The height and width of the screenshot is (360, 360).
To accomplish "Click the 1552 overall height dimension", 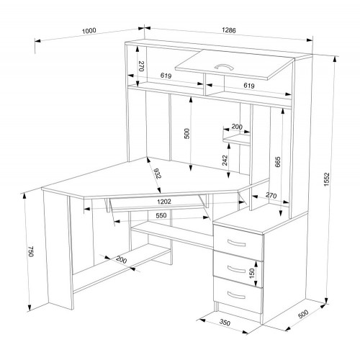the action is coord(327,179).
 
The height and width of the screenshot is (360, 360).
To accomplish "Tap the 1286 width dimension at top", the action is coord(229,30).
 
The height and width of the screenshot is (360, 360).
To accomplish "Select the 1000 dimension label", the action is coord(89,31).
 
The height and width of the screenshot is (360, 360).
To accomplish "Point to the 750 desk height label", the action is coord(31,251).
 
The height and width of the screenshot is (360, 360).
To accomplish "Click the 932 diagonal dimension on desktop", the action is coord(157,174).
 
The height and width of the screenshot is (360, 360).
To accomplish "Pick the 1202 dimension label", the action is coord(164,202).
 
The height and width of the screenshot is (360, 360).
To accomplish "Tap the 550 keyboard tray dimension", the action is coord(161,215).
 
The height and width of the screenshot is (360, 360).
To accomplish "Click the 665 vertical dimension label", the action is coord(277,162).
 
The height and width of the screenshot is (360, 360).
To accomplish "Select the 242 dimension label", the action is coord(225,161).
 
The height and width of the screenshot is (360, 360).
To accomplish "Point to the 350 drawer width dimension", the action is coord(225,323).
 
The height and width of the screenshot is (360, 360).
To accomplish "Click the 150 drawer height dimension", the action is coord(252,274).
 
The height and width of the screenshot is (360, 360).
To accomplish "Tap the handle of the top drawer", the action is coord(236,243).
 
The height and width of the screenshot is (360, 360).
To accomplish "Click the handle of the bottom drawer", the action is coord(236,295).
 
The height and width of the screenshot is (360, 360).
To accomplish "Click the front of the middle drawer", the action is coord(238,269).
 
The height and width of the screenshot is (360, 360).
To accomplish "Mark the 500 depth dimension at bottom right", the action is coord(303,314).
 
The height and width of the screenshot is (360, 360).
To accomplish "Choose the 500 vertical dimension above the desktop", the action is coord(186,134).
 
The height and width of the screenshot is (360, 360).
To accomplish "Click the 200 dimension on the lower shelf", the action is coord(121,260).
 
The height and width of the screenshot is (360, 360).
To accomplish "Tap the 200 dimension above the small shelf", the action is coord(237,127).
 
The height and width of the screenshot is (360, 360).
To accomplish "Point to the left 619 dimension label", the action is coord(166,76).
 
